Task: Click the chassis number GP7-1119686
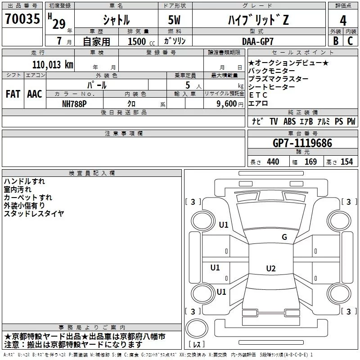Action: [302, 143]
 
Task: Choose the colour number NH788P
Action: [75, 103]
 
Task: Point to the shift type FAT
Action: [13, 94]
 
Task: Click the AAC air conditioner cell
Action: [35, 94]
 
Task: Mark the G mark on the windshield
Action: [284, 237]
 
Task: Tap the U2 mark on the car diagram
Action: [270, 269]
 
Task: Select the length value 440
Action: [273, 162]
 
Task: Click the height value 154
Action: [346, 162]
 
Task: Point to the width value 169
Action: [310, 162]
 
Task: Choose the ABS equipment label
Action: [289, 121]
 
